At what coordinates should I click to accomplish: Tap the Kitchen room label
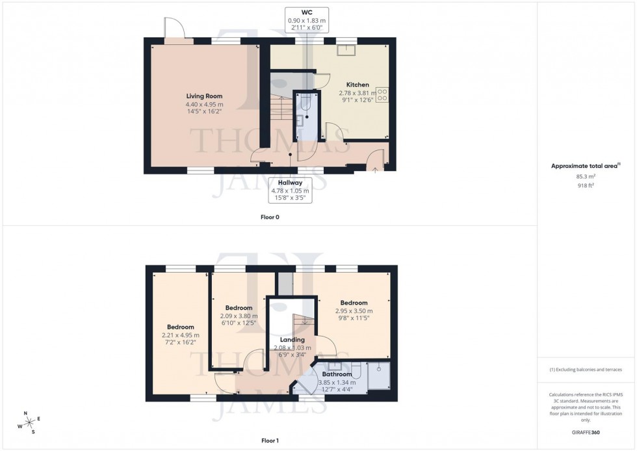357,85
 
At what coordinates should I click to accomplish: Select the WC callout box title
307,12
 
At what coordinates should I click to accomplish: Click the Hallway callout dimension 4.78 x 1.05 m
290,191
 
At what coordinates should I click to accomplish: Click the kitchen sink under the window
346,48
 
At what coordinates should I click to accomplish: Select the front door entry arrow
375,168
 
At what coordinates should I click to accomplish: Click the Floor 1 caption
269,441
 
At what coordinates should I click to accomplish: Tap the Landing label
292,340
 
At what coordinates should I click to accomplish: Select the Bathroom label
337,374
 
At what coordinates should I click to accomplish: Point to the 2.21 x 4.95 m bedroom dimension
180,335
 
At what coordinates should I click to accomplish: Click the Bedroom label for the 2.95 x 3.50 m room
354,303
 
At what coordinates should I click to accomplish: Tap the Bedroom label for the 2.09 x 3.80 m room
239,308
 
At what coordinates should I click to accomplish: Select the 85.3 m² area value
587,176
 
